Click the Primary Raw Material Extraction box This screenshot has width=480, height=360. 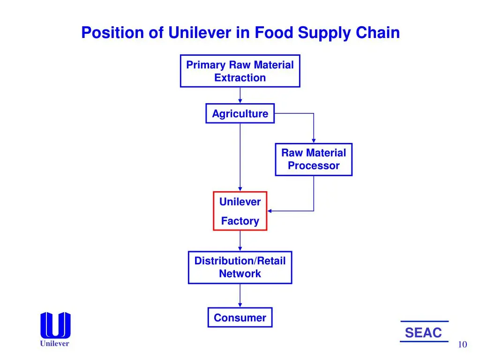coord(240,71)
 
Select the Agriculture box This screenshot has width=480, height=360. coord(240,113)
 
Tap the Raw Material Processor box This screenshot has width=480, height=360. coord(314,159)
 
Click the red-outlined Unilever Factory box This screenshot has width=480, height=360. coord(240,211)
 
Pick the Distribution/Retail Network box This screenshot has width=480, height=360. coord(240,267)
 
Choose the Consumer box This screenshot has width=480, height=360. coord(240,318)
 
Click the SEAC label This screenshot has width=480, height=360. coord(423,333)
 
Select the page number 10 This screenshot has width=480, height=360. coord(462,345)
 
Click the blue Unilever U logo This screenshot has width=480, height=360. coord(55,325)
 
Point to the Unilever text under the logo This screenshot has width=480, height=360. coord(54,344)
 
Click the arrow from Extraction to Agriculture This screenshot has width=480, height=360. coord(240,95)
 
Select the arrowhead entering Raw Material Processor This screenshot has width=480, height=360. coord(314,141)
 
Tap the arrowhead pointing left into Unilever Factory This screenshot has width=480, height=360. coord(270,211)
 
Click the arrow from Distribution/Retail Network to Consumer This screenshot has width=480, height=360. coord(240,295)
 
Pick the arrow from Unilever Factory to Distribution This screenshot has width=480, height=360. coord(240,241)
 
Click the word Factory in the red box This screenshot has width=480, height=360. coord(240,221)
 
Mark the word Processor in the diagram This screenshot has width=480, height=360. coord(314,165)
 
